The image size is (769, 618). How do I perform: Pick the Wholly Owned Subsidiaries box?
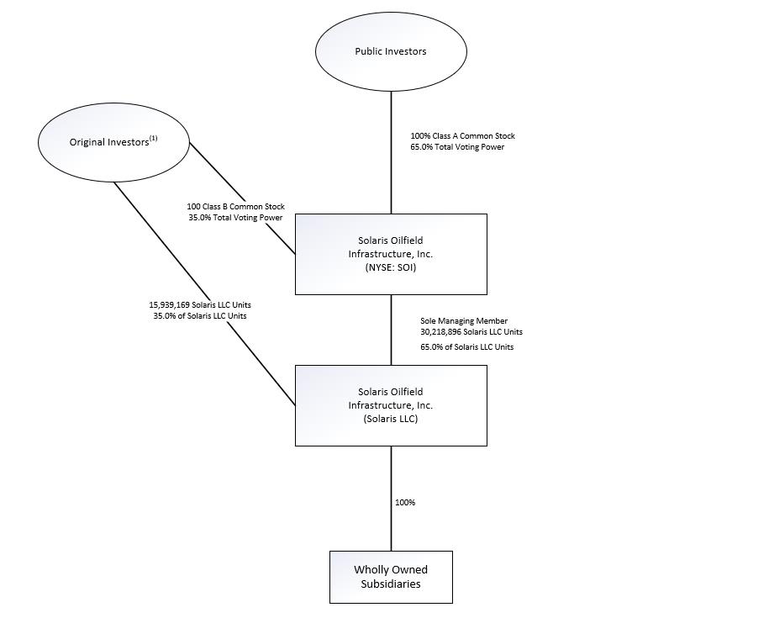coord(391,577)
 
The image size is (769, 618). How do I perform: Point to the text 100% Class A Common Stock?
coord(462,136)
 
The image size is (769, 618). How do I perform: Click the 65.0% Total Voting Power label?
coord(457,146)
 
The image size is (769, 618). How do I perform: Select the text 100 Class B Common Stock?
coord(235,207)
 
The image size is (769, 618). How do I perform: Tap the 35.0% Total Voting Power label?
coord(235,217)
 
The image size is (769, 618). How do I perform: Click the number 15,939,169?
coord(169,305)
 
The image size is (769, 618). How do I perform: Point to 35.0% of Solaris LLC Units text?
coord(200,316)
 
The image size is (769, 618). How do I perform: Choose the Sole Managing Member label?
coord(464,321)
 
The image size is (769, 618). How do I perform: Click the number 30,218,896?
coord(440,332)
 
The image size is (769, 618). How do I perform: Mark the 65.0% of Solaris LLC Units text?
coord(467,346)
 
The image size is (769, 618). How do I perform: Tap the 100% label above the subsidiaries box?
coord(405,502)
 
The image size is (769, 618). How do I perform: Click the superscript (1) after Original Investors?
coord(154,138)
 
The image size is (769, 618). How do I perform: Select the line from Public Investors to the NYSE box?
coord(391,152)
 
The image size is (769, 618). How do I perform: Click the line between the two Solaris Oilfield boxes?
coord(391,330)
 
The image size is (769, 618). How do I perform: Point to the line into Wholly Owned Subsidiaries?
coord(391,499)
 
